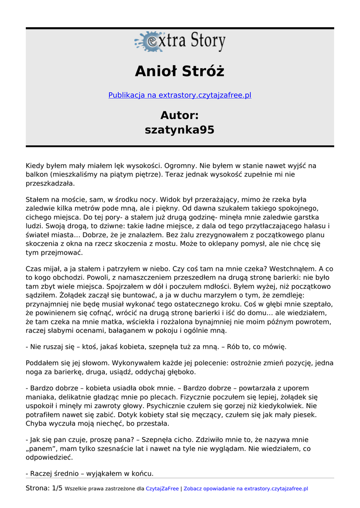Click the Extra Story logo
pyautogui.click(x=180, y=42)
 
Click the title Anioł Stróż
pyautogui.click(x=180, y=71)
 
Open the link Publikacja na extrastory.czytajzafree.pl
pyautogui.click(x=180, y=95)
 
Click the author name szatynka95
pyautogui.click(x=180, y=130)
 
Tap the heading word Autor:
pyautogui.click(x=180, y=116)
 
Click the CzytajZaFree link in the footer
pyautogui.click(x=162, y=489)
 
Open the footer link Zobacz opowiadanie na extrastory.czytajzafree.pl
pyautogui.click(x=246, y=489)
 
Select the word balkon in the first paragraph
pyautogui.click(x=36, y=175)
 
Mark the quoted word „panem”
pyautogui.click(x=41, y=448)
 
